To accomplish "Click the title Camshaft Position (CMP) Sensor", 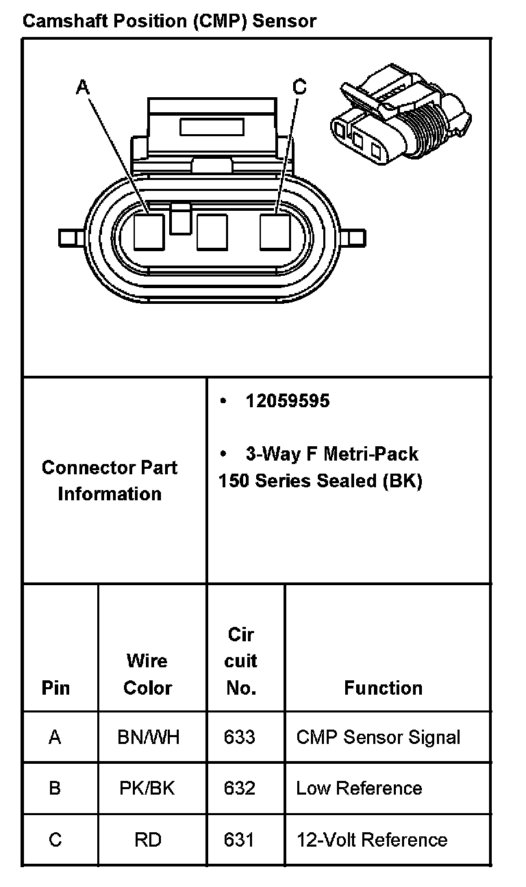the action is [x=169, y=21].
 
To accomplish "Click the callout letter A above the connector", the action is [x=83, y=87].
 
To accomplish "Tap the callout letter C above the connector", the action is [x=299, y=86].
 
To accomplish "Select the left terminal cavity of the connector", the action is [x=149, y=231].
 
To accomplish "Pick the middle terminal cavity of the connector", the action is [x=211, y=231].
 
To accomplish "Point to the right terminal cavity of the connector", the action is [x=275, y=231].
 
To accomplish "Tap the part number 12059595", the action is [x=287, y=401].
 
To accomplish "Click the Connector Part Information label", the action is [x=110, y=480].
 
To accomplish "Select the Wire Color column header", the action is [x=147, y=674].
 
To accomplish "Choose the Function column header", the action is [x=383, y=688].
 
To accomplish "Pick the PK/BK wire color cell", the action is [x=147, y=788].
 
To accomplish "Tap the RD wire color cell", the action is [x=147, y=840].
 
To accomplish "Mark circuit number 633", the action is [x=240, y=737].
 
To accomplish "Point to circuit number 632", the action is [x=240, y=788].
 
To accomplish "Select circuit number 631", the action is [x=240, y=840].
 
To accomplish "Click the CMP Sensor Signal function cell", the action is [x=378, y=737].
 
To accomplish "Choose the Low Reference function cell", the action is [x=359, y=788].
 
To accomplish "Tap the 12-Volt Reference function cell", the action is [x=371, y=840].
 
